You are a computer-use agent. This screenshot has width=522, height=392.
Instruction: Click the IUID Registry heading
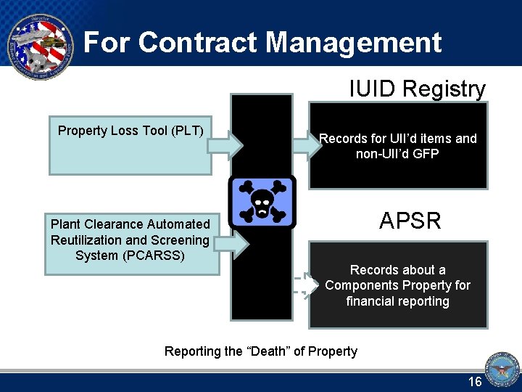click(416, 89)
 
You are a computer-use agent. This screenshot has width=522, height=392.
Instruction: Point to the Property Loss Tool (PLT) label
click(130, 131)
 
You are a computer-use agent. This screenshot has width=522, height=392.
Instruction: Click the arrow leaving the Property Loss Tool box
click(225, 145)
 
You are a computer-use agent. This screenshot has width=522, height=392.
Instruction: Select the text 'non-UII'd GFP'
click(397, 154)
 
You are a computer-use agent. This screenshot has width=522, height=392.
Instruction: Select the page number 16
click(475, 382)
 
